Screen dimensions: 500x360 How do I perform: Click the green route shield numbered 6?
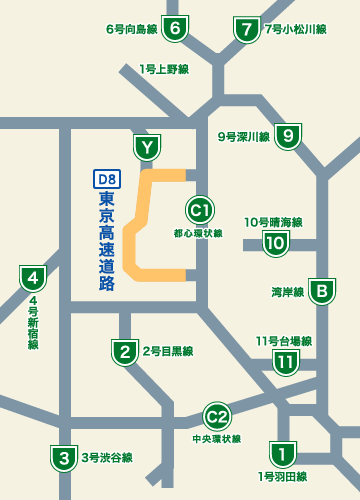177,29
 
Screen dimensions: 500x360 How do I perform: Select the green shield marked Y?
149,148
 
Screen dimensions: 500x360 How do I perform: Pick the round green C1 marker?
199,210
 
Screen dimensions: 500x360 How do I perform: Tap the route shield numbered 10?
275,242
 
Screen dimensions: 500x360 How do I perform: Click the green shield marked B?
321,292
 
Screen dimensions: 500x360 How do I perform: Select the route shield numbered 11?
286,361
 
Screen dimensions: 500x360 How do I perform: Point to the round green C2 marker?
217,416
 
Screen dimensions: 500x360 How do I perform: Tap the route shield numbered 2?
124,351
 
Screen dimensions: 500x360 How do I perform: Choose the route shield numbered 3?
64,458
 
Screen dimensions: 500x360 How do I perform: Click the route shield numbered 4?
33,277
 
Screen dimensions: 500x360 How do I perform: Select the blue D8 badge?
107,180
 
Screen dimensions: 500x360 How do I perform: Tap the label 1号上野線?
165,69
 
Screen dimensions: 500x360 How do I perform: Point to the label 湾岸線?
287,293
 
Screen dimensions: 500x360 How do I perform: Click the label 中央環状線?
217,438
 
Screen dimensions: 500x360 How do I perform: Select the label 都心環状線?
198,232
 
